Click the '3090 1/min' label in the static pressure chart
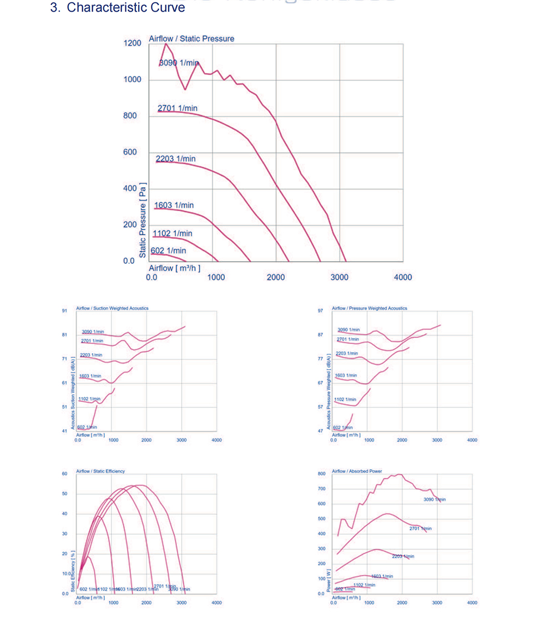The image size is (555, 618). (x=179, y=63)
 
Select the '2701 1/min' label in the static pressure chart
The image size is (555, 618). (x=177, y=108)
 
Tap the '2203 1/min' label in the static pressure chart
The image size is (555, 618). (x=175, y=159)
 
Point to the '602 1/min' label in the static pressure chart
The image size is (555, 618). (x=168, y=251)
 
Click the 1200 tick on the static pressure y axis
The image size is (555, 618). (x=132, y=43)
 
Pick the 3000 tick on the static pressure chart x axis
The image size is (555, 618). (x=339, y=277)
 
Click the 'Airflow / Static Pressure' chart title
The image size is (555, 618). (x=191, y=39)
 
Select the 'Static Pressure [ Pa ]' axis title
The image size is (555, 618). (x=143, y=219)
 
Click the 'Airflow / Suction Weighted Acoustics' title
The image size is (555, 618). (x=112, y=308)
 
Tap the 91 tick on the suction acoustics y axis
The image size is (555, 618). (x=64, y=311)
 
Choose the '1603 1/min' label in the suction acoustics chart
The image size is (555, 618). (x=90, y=376)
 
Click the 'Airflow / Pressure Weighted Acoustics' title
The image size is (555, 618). (x=369, y=308)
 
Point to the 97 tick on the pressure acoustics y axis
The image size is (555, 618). (x=320, y=311)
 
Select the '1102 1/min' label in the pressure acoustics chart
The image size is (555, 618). (x=345, y=399)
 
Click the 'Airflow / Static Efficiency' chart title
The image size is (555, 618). (x=100, y=471)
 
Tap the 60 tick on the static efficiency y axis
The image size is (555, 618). (x=64, y=474)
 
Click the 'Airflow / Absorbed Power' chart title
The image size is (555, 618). (x=357, y=471)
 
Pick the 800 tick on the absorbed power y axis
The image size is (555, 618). (x=321, y=474)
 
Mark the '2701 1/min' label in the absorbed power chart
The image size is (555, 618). (x=420, y=528)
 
